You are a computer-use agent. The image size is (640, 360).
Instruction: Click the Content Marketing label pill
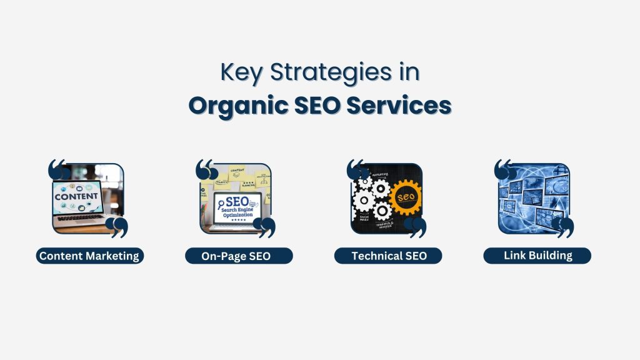click(x=89, y=256)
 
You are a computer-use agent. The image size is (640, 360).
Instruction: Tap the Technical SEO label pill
click(x=389, y=256)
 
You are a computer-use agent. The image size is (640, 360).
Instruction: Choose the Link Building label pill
click(x=537, y=255)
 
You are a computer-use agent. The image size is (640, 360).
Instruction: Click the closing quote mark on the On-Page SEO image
click(x=266, y=227)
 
